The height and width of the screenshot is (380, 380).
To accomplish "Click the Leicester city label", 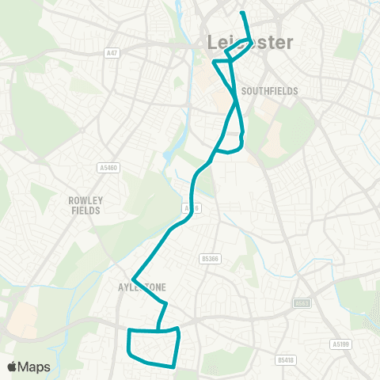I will pyautogui.click(x=249, y=42).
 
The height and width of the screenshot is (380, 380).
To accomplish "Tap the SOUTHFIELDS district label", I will pyautogui.click(x=271, y=91).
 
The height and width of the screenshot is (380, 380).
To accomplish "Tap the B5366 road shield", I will pyautogui.click(x=208, y=258).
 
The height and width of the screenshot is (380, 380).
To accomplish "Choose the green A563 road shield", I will pyautogui.click(x=302, y=302).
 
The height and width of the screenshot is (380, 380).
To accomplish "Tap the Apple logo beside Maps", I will pyautogui.click(x=13, y=367).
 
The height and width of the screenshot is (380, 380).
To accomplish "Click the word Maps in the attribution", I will pyautogui.click(x=34, y=367).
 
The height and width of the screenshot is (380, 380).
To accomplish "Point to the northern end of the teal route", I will pyautogui.click(x=242, y=13).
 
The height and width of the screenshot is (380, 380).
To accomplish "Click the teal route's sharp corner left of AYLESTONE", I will pyautogui.click(x=134, y=279).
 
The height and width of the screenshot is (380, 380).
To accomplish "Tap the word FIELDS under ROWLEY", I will pyautogui.click(x=85, y=211).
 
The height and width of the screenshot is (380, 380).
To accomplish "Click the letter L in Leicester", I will pyautogui.click(x=211, y=42).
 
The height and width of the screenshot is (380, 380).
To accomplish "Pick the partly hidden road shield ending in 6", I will pyautogui.click(x=188, y=208).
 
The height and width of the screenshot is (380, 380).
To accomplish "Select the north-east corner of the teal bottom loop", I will pyautogui.click(x=180, y=329).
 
